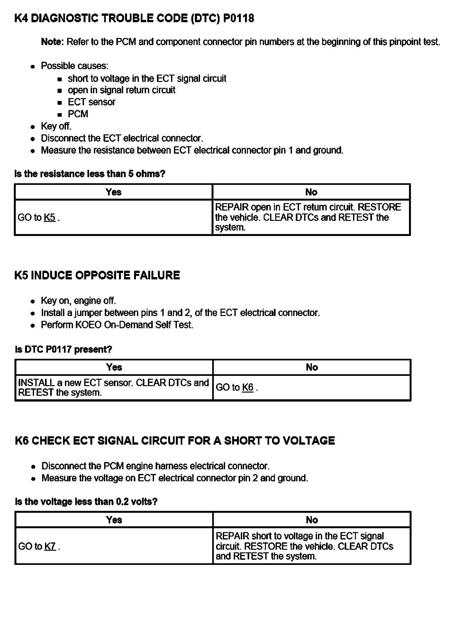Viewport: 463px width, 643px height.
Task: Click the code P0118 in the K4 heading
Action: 238,18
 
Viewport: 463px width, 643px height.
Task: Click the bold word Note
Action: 53,42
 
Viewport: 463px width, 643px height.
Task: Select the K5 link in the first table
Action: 50,218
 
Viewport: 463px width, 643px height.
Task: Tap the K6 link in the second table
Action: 248,387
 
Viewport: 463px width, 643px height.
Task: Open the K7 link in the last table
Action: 50,546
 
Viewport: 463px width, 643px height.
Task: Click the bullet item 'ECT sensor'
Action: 92,102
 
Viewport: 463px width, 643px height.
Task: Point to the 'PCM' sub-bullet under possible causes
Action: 78,114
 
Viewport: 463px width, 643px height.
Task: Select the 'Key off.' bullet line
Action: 56,126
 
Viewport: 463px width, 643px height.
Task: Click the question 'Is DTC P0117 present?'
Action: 64,349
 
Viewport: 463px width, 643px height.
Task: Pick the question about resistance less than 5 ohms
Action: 90,174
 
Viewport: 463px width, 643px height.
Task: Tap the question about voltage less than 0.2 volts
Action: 86,502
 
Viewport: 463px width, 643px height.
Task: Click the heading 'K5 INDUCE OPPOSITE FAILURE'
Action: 97,276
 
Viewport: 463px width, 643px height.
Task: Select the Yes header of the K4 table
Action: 113,192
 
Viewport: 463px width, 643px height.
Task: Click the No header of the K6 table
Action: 312,520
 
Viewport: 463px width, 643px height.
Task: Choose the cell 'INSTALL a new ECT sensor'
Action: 113,387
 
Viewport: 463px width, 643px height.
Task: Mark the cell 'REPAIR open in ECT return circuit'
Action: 308,217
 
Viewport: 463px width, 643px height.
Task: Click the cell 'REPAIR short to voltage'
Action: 304,546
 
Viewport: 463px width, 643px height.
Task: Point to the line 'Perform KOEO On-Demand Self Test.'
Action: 117,325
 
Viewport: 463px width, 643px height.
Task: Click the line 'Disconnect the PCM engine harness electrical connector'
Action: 156,466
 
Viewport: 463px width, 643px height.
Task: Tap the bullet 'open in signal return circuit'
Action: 122,90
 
